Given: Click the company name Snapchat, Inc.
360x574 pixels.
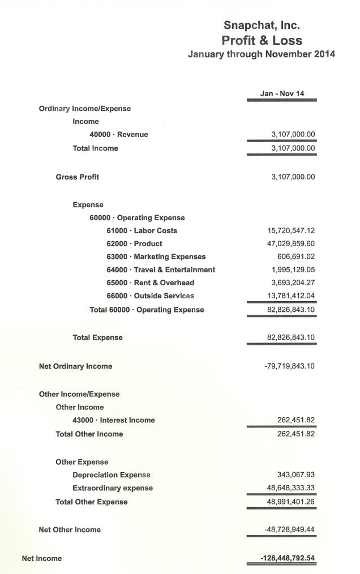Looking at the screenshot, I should [262, 25].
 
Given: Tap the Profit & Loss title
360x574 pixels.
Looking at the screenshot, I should [262, 40].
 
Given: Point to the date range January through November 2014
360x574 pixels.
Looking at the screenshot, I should [261, 54].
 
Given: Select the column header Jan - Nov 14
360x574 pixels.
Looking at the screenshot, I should [282, 93].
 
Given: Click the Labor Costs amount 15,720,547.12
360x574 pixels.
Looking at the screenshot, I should [291, 231].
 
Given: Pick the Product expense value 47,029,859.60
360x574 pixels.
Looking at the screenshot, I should [291, 244].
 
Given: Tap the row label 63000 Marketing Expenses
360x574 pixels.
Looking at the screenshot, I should [156, 257].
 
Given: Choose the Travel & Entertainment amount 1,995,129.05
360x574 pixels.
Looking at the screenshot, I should [293, 270].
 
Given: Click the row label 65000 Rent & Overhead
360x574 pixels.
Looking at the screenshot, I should [150, 283].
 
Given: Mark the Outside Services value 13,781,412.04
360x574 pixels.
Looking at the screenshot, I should [291, 296].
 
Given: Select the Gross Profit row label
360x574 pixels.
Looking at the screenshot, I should [77, 177].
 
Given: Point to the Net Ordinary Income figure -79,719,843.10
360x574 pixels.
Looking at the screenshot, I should [289, 366].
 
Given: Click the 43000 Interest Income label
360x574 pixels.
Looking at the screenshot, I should [113, 421].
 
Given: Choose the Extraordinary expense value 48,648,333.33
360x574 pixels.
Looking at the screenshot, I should [291, 488].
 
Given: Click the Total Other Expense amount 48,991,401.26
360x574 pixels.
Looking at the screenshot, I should [291, 502].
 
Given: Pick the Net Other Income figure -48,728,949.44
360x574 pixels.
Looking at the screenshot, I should [289, 530].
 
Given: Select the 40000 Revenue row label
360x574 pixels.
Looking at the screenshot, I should [118, 135].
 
